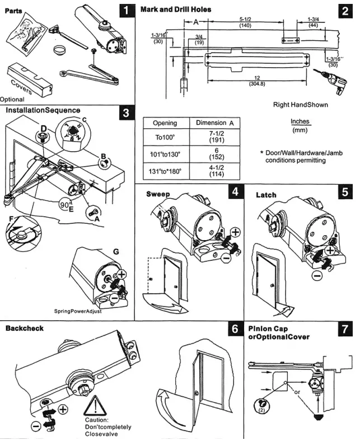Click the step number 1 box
pos(128,10)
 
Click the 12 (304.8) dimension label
pos(258,81)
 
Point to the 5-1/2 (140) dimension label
pos(245,22)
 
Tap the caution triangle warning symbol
pos(95,405)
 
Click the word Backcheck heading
pos(24,329)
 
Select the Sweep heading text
pos(157,194)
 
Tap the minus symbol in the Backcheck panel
pos(35,426)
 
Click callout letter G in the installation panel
pos(115,252)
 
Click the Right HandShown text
pos(301,105)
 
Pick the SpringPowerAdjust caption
pos(78,311)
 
